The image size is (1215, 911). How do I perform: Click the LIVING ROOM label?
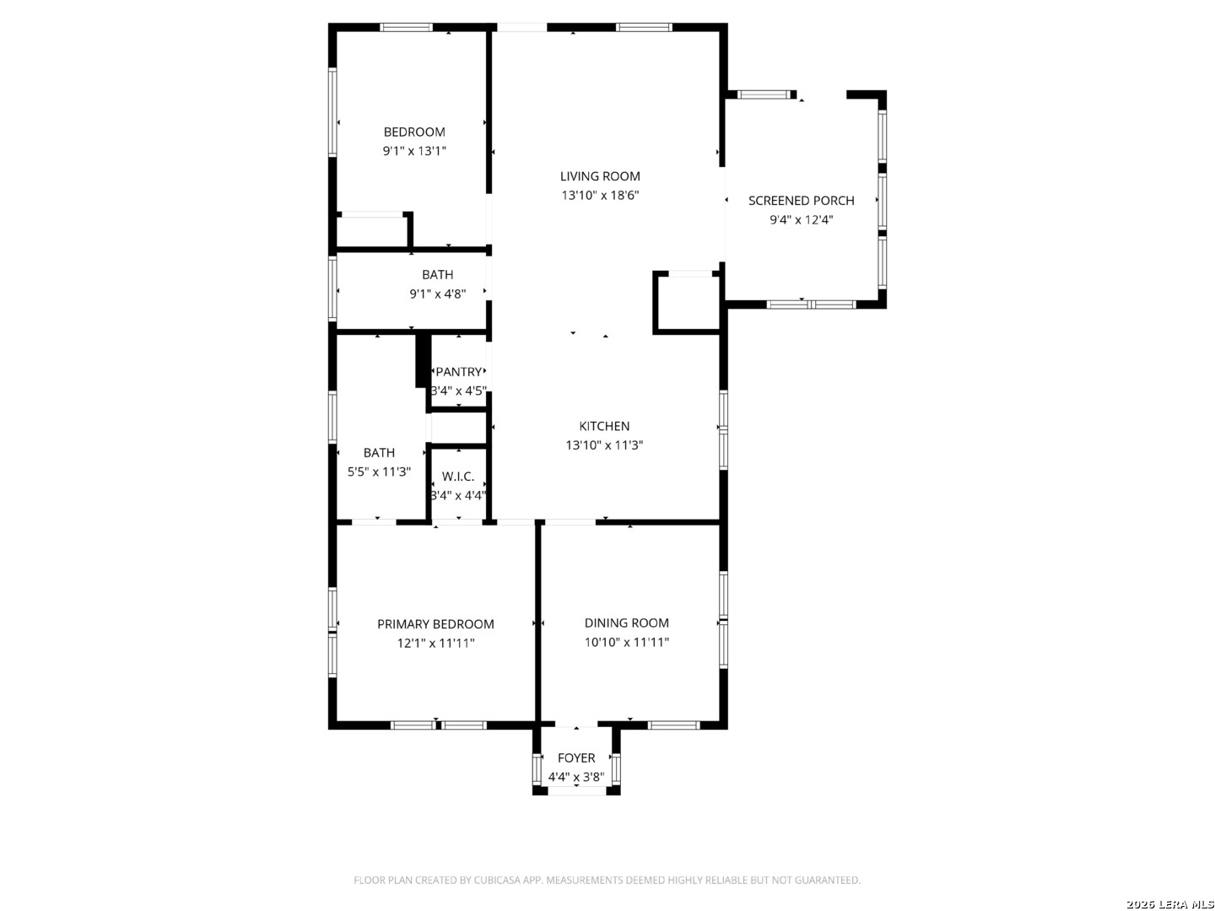(x=600, y=176)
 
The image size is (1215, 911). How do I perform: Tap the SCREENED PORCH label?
(x=801, y=201)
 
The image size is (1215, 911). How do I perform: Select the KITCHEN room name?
(x=604, y=426)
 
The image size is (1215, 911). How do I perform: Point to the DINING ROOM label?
(x=627, y=623)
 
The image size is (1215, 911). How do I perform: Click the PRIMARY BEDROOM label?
(x=435, y=624)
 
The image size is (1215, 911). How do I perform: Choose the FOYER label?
(x=576, y=757)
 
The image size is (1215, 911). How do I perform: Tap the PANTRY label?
(x=459, y=372)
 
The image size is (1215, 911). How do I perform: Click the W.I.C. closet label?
(x=458, y=477)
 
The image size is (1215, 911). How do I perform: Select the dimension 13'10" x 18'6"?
(x=600, y=195)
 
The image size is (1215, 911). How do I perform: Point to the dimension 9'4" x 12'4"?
(x=801, y=219)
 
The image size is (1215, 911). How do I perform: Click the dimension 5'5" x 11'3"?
(x=379, y=472)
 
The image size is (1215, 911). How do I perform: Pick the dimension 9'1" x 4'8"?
(x=438, y=294)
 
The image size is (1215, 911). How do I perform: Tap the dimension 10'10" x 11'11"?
(x=627, y=642)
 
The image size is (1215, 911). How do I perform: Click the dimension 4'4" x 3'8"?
(x=576, y=777)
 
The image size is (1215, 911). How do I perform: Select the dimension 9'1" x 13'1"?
(x=414, y=151)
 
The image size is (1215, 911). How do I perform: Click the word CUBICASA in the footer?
(x=496, y=880)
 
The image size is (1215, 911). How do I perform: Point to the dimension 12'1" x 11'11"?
(x=435, y=644)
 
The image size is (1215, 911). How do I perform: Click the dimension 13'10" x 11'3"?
(x=604, y=445)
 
